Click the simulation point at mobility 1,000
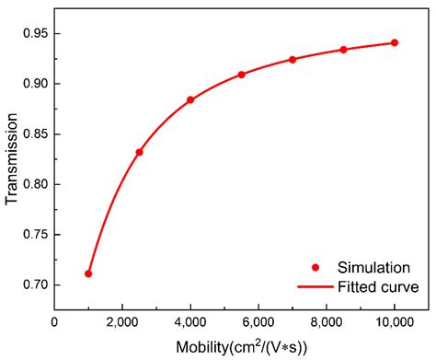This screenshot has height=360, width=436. [x=88, y=273]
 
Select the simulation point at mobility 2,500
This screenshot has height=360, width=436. [x=139, y=152]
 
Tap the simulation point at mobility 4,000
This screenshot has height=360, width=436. [x=190, y=99]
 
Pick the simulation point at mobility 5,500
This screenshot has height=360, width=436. [x=241, y=75]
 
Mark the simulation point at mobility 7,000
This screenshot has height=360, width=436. [x=293, y=59]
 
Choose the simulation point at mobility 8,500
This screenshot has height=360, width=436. [x=343, y=50]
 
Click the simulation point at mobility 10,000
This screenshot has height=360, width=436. [x=395, y=42]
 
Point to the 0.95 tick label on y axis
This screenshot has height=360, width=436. [x=33, y=33]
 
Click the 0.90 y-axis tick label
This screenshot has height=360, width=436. [x=33, y=84]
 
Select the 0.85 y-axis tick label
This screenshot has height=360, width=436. [x=33, y=134]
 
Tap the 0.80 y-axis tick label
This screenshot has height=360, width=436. [x=33, y=184]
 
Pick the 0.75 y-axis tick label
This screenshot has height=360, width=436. [x=33, y=235]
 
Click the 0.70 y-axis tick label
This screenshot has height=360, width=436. [x=33, y=285]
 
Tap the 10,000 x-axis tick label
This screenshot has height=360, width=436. [x=394, y=321]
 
